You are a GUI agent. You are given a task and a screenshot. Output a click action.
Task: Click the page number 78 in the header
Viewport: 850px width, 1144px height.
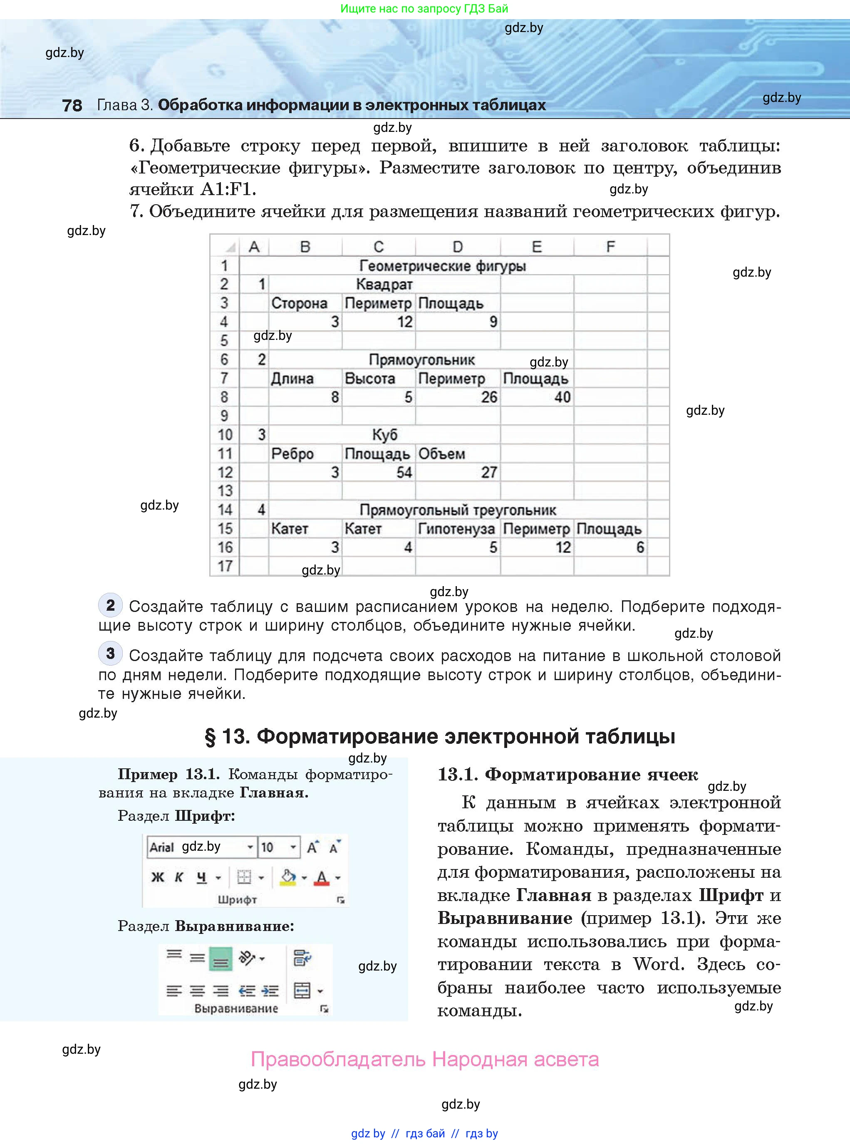(x=72, y=105)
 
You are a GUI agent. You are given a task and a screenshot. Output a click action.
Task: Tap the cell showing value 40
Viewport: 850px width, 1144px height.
(x=537, y=397)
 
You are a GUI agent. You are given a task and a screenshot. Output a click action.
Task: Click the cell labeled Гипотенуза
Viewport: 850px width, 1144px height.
(x=456, y=529)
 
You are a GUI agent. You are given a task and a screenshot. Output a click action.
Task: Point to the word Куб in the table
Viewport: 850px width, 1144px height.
(x=384, y=435)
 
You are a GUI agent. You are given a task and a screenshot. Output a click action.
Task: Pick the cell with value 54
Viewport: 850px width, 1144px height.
(x=378, y=472)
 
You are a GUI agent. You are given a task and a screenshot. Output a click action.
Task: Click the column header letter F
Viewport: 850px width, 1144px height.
(x=610, y=247)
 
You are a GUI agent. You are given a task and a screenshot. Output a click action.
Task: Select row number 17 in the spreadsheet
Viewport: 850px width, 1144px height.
(x=225, y=566)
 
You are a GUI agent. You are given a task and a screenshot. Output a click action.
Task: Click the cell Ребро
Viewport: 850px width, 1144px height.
(x=292, y=454)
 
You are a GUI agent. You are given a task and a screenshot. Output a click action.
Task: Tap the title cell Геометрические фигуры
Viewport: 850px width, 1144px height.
(x=443, y=266)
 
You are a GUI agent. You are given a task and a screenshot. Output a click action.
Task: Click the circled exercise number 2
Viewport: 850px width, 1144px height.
(x=110, y=605)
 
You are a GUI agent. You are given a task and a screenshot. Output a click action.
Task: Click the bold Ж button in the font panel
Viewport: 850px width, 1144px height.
(x=157, y=877)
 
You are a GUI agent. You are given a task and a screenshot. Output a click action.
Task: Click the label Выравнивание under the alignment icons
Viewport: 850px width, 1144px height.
(x=236, y=1009)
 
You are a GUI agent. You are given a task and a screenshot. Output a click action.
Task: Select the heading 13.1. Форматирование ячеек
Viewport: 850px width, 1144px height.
(x=567, y=775)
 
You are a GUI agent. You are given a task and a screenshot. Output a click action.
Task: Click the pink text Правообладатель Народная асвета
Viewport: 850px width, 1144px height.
(x=424, y=1060)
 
